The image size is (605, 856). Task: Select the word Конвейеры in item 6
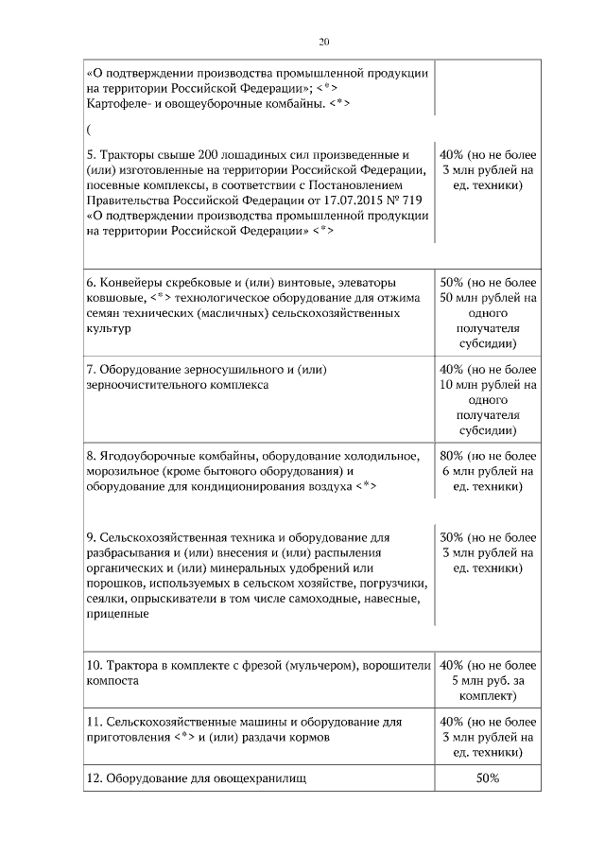(130, 283)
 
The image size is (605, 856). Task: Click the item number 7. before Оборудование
(91, 369)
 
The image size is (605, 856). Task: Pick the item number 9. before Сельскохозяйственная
(91, 537)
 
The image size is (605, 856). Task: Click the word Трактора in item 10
(132, 665)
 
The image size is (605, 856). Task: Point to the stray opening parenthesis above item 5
(88, 130)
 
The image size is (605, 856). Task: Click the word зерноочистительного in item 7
(146, 385)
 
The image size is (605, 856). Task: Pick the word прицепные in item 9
(116, 614)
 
